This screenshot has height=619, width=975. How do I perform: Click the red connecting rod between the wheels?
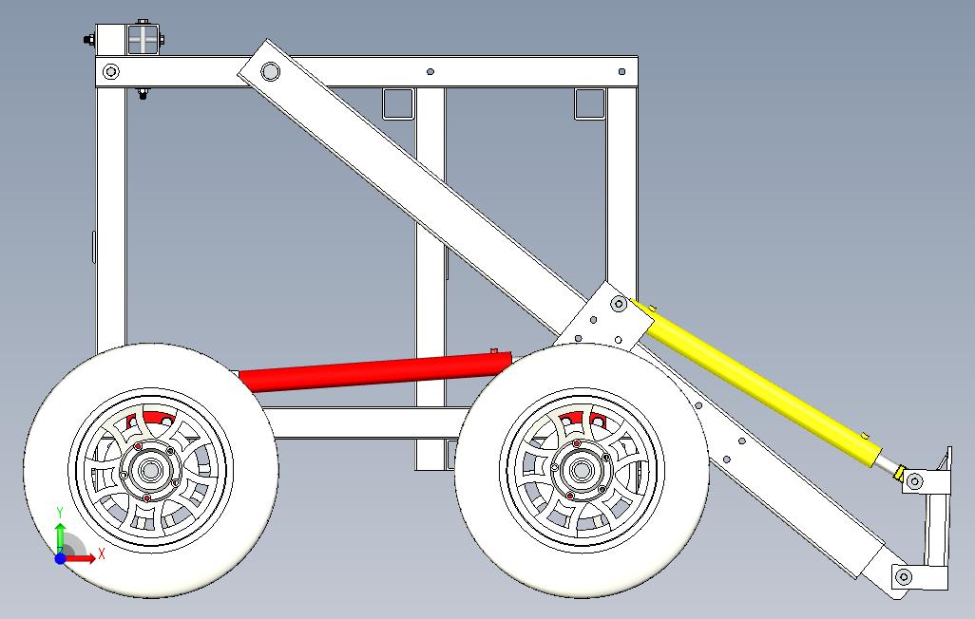point(375,369)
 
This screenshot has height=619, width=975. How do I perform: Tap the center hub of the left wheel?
point(149,469)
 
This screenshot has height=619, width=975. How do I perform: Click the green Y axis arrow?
point(60,532)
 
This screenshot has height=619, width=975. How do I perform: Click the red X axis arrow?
point(86,558)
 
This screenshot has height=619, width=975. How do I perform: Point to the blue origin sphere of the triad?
point(60,559)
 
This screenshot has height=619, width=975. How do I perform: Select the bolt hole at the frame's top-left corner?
point(111,71)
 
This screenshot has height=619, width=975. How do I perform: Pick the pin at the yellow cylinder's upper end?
point(619,304)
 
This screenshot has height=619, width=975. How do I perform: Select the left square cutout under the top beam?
point(398,103)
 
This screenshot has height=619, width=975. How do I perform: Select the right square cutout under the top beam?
point(589,103)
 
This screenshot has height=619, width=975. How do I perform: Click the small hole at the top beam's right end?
point(621,71)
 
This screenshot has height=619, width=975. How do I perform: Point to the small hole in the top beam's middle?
point(430,71)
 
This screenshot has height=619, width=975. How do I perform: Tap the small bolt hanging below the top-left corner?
point(143,92)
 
